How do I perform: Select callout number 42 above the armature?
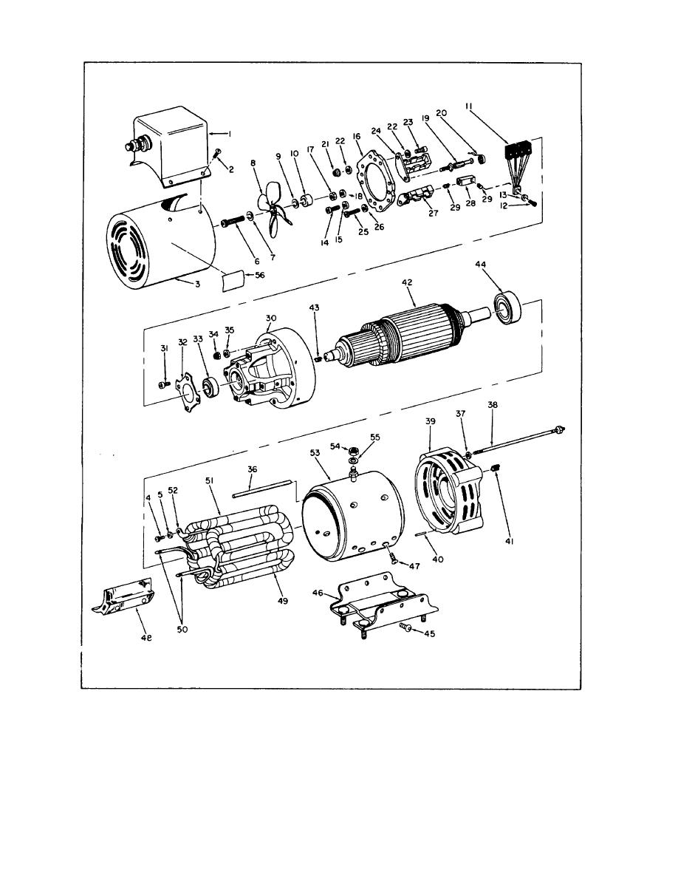click(407, 283)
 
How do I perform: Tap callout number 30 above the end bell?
click(271, 318)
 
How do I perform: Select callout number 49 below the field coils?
click(283, 601)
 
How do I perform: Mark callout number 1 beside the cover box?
click(229, 134)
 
